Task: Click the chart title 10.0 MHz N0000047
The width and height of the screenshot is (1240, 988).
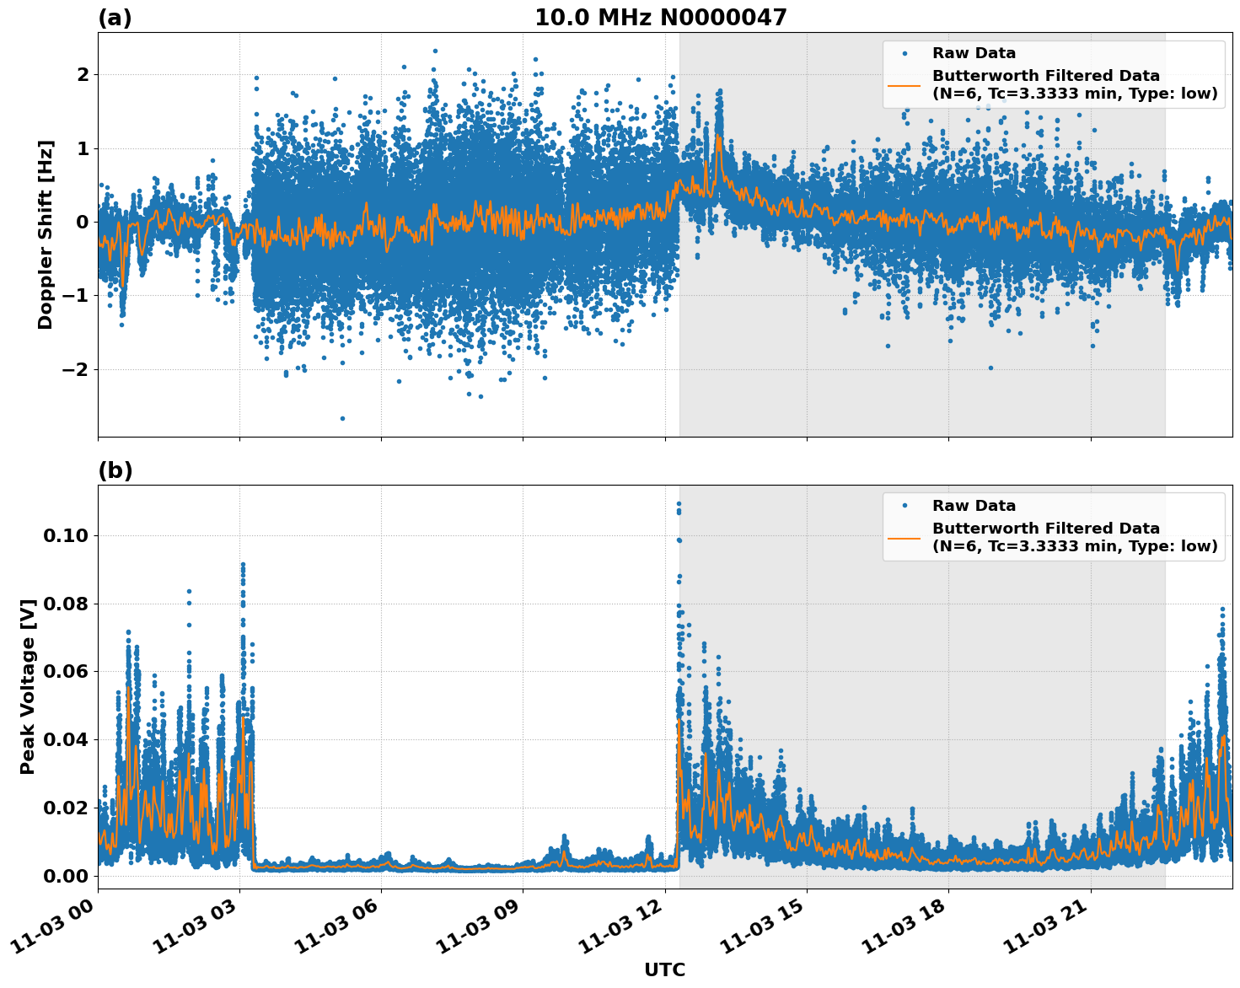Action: click(x=660, y=18)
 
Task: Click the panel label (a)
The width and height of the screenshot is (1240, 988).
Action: click(x=115, y=18)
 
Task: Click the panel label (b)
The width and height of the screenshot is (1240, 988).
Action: click(x=115, y=470)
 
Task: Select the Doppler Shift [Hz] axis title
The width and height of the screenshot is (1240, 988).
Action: click(x=46, y=234)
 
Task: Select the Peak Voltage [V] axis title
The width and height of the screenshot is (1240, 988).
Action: click(x=28, y=686)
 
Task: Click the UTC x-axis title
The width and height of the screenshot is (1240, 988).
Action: click(x=664, y=969)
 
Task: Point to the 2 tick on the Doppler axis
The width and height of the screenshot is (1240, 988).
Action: click(x=83, y=75)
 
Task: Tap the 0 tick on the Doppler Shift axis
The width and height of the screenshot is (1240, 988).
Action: click(x=83, y=222)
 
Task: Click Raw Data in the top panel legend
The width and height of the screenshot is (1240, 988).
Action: click(x=974, y=54)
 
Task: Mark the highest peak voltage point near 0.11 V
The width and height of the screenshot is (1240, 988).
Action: click(x=679, y=504)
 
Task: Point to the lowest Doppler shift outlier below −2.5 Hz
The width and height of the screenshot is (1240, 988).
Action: click(x=342, y=418)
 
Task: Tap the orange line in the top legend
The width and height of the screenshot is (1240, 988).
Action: click(x=905, y=84)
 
